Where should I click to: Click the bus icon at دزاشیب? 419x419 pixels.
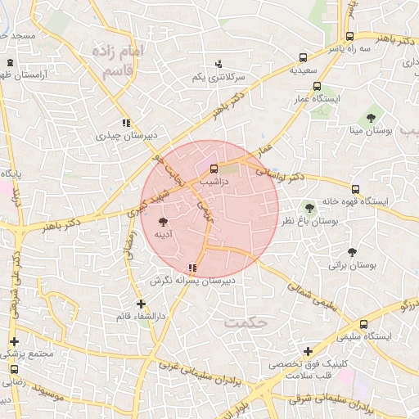pyautogui.click(x=215, y=169)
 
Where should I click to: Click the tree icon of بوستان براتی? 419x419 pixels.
pyautogui.click(x=353, y=252)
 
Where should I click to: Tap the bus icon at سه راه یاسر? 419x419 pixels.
pyautogui.click(x=349, y=37)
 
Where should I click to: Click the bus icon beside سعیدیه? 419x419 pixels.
pyautogui.click(x=304, y=58)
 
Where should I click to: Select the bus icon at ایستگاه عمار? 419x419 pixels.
pyautogui.click(x=317, y=86)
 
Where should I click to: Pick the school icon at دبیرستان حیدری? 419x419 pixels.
pyautogui.click(x=126, y=124)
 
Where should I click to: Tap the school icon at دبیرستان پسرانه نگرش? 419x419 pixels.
pyautogui.click(x=192, y=267)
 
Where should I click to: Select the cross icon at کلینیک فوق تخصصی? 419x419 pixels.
pyautogui.click(x=308, y=352)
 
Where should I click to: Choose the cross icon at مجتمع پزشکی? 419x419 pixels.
pyautogui.click(x=13, y=341)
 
